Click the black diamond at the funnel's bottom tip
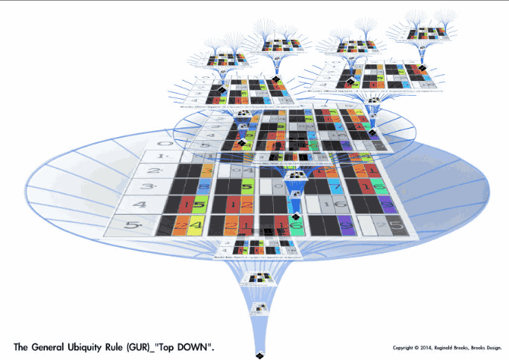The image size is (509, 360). [x=258, y=353]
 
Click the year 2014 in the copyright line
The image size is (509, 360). [x=430, y=348]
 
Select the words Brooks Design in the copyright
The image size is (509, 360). [x=492, y=348]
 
